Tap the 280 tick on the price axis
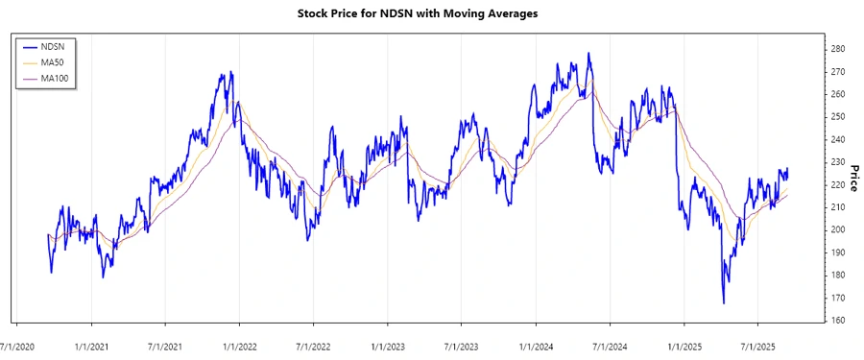pos(838,49)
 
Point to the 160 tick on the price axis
pos(838,320)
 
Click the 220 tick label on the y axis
pos(838,184)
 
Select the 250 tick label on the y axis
pos(838,117)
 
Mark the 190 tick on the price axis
pos(838,252)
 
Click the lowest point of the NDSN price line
pos(723,303)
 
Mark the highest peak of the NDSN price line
pos(588,54)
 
